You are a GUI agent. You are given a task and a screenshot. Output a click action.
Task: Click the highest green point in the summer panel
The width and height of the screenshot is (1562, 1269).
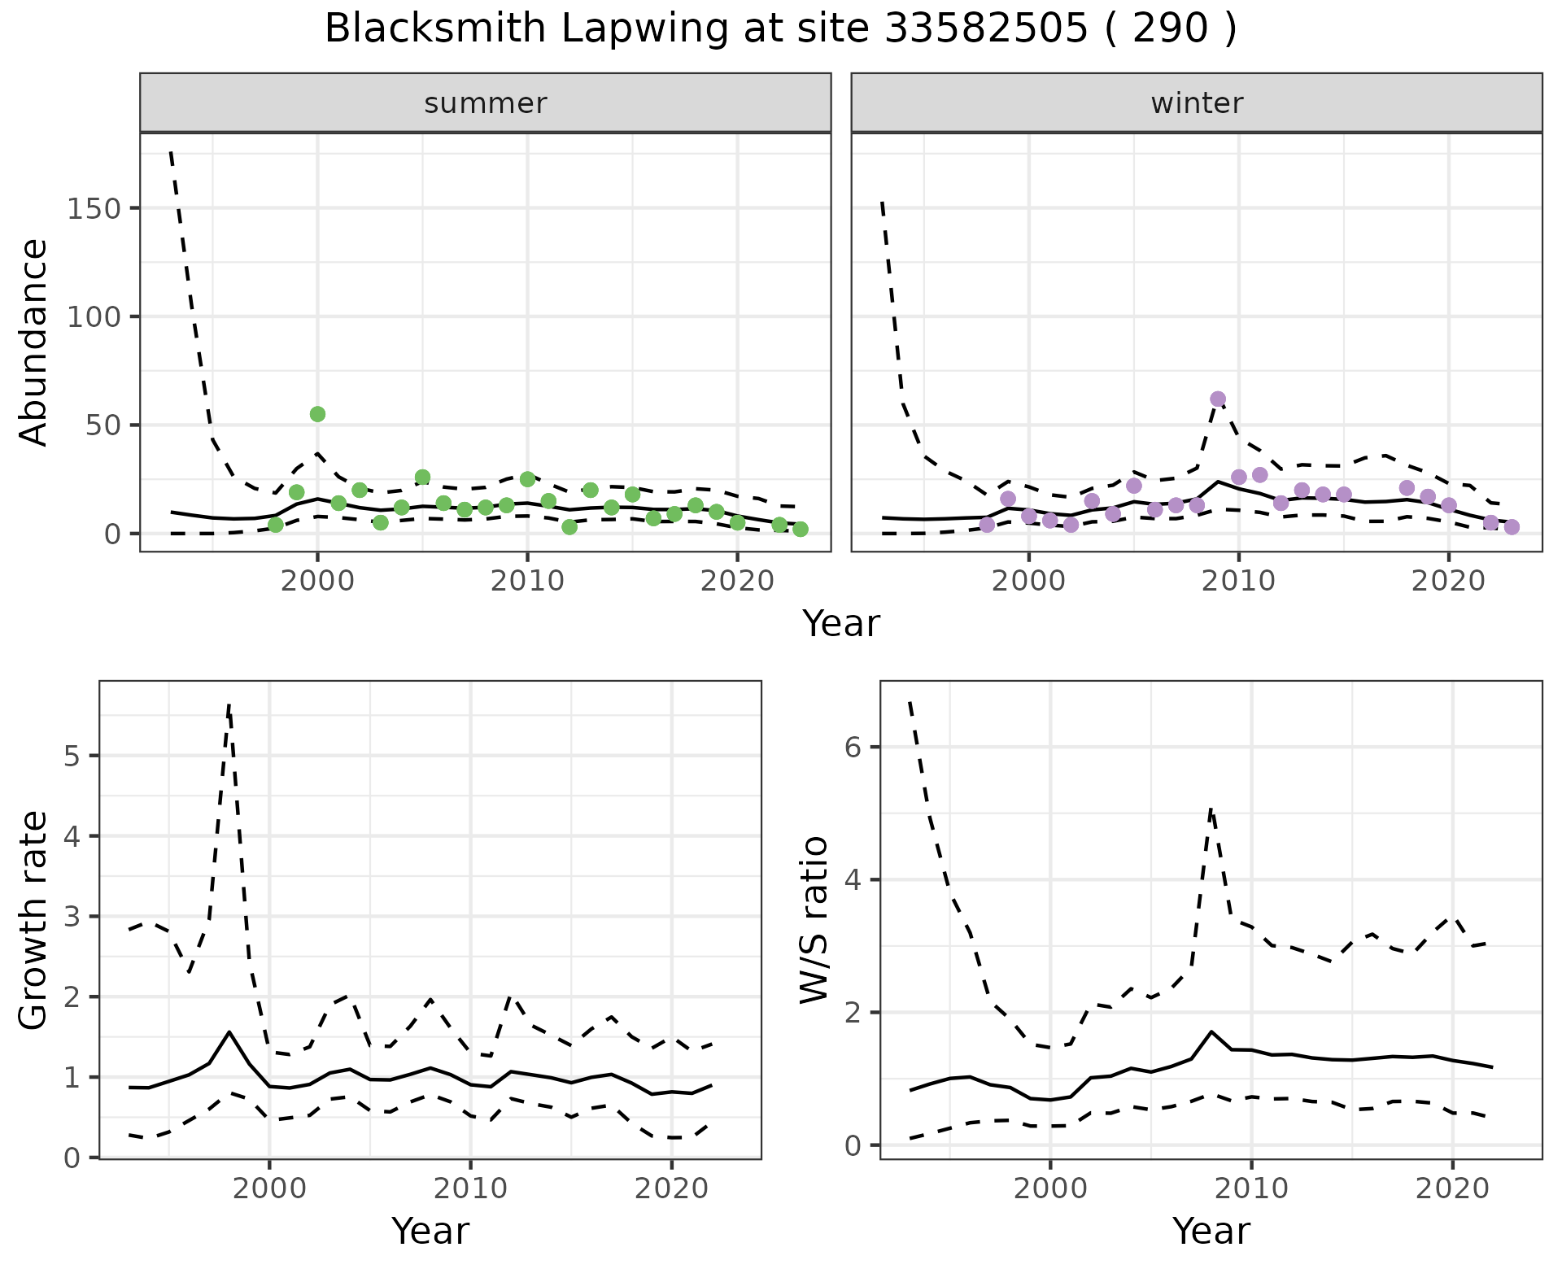[317, 414]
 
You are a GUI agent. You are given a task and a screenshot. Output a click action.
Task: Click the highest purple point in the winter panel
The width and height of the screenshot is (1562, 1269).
[1218, 399]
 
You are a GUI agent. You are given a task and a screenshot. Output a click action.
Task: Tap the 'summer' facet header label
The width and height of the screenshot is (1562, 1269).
[486, 103]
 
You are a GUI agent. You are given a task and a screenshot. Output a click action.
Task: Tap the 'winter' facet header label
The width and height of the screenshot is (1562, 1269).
[1197, 103]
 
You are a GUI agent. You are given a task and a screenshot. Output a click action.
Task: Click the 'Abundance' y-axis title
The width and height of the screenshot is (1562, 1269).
[34, 342]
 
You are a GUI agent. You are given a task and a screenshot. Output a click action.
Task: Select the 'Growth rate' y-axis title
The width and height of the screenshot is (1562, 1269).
[34, 920]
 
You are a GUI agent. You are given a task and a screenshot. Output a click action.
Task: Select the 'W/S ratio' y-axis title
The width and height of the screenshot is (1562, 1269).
[814, 920]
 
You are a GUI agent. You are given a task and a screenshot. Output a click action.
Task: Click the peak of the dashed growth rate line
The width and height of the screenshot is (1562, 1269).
[229, 704]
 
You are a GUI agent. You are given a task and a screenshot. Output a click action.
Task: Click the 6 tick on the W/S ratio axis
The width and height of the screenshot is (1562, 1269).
[853, 748]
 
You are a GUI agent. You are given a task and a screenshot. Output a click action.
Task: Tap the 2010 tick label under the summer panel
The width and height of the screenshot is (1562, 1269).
[527, 582]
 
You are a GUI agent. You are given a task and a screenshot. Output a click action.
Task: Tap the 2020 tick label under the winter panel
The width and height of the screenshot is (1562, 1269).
[1448, 582]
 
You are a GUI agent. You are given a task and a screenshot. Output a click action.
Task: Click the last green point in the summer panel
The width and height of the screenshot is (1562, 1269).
[801, 530]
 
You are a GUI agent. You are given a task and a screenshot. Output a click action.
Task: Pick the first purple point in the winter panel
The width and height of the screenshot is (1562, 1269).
[988, 525]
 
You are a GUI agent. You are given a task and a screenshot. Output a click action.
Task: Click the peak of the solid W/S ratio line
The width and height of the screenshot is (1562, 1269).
[1211, 1031]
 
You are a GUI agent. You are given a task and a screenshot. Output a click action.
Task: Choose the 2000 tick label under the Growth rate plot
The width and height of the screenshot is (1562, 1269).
[270, 1188]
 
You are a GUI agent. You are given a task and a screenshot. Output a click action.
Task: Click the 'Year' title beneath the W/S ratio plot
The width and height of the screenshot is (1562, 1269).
[1211, 1231]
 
